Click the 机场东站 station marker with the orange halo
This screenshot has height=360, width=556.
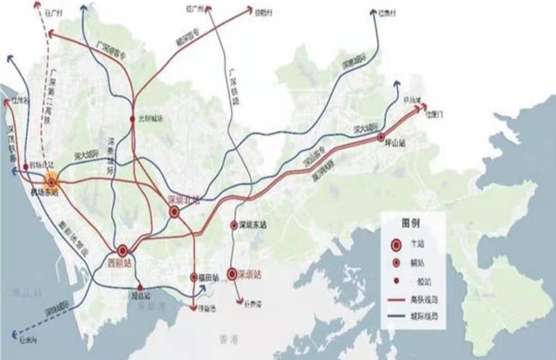(x=51, y=182)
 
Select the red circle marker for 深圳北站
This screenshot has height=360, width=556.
(x=175, y=211)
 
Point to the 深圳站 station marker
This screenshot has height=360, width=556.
(x=233, y=273)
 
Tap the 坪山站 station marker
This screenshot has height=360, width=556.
(x=381, y=137)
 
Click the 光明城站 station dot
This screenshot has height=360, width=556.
(x=132, y=119)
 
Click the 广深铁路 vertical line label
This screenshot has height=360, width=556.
(x=232, y=83)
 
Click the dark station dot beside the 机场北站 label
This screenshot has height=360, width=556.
(x=26, y=166)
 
